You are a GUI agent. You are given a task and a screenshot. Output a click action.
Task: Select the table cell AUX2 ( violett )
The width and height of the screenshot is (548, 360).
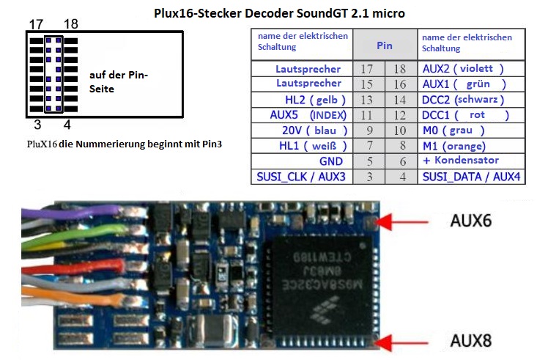[x=464, y=68]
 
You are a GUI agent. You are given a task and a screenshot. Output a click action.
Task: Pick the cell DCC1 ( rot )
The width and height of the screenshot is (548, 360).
[x=464, y=114]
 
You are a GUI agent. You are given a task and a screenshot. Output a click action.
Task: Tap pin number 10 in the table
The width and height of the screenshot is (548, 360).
[x=400, y=130]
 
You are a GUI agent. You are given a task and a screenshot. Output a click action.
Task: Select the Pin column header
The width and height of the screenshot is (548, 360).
[x=385, y=45]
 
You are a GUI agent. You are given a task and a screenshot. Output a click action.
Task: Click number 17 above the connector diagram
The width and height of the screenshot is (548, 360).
[x=37, y=25]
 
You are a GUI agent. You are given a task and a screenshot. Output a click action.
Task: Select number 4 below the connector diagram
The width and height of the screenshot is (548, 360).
[x=67, y=125]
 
